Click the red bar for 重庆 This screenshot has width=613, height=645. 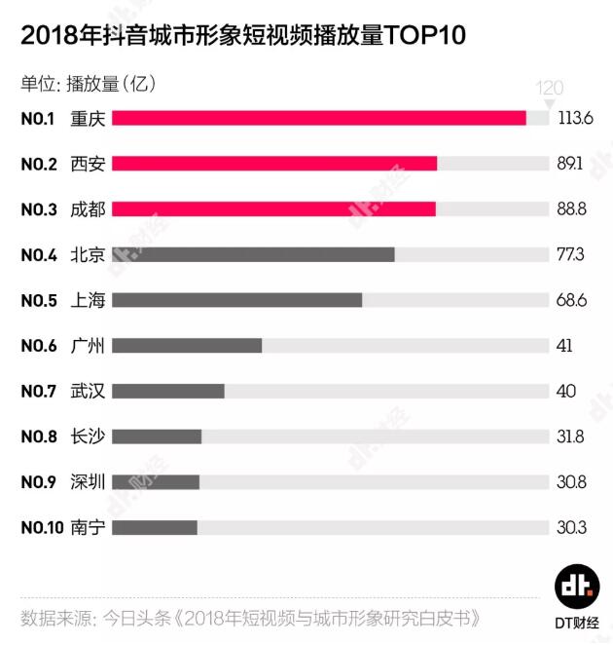click(319, 118)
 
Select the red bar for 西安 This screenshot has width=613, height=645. click(274, 164)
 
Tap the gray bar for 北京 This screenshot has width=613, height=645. click(253, 254)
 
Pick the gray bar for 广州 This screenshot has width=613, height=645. click(187, 345)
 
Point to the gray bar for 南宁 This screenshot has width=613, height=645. click(155, 527)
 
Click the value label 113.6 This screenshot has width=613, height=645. click(576, 118)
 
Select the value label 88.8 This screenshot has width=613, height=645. click(572, 209)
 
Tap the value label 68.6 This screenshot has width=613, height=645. click(572, 300)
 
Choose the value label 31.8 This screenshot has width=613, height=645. click(571, 436)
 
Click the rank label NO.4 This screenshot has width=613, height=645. click(40, 254)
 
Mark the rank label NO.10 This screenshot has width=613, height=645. click(43, 527)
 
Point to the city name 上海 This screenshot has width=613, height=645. click(88, 300)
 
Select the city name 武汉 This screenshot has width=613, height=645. click(88, 391)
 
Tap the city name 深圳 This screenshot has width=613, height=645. click(88, 481)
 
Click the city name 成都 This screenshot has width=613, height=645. click(88, 209)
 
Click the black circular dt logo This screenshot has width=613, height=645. click(577, 586)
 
